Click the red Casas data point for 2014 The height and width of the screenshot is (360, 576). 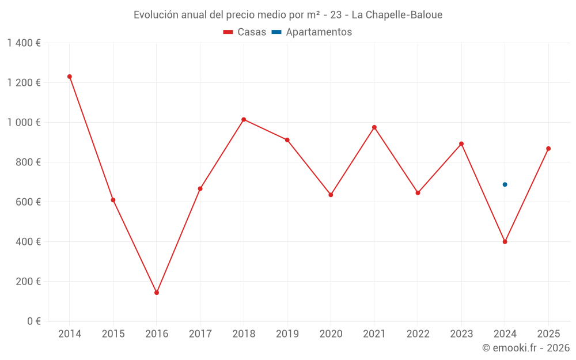tap(70, 77)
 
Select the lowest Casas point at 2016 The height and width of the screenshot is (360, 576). tap(157, 293)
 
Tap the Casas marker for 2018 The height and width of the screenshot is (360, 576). tap(244, 119)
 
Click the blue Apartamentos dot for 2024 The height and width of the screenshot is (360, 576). tap(505, 184)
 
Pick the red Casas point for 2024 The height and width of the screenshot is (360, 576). tap(505, 242)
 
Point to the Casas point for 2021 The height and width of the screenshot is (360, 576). tap(374, 127)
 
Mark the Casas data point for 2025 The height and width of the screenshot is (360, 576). tap(548, 149)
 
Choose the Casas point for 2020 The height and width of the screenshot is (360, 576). tap(331, 195)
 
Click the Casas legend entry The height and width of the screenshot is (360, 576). tap(245, 32)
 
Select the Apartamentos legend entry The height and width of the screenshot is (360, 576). tap(312, 32)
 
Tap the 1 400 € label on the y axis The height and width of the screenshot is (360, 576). tap(24, 43)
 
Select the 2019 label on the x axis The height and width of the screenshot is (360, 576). tap(287, 334)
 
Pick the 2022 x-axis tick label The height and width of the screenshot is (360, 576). tap(418, 334)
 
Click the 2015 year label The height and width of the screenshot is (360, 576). tap(113, 334)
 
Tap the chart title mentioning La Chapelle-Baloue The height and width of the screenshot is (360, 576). tap(288, 15)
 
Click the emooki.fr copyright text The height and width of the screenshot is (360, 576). tap(525, 348)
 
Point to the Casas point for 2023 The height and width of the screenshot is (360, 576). tap(461, 144)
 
